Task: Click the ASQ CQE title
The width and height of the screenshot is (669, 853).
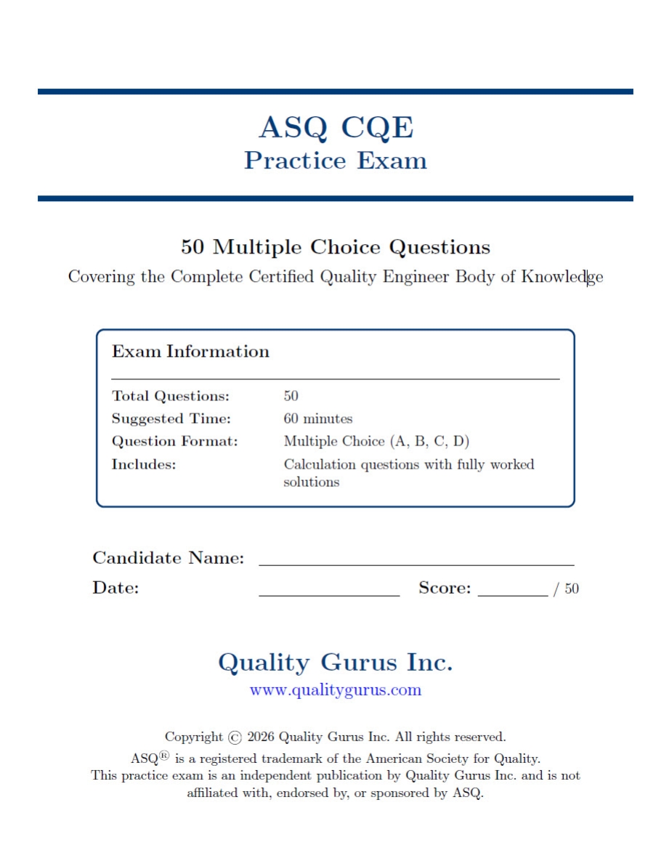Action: [336, 128]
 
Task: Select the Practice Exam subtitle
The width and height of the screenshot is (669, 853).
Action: [336, 161]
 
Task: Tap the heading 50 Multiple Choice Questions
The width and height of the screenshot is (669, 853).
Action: [336, 248]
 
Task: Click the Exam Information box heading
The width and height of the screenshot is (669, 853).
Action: [190, 352]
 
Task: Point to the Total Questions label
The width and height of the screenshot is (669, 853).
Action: [171, 397]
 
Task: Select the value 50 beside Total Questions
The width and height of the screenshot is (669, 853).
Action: [291, 397]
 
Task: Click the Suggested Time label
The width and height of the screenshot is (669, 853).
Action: [171, 419]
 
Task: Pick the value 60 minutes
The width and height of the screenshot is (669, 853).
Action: [318, 419]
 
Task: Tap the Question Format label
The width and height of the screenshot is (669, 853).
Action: [174, 442]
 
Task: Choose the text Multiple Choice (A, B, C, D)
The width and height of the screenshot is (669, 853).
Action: [377, 442]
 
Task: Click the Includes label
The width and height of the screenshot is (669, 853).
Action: [144, 464]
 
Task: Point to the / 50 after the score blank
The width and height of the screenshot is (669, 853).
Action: [567, 589]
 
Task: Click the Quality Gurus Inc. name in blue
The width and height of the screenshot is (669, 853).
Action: [336, 663]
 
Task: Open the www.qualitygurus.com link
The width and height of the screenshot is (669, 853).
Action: [336, 690]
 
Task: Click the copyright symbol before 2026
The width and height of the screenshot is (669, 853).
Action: [235, 737]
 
